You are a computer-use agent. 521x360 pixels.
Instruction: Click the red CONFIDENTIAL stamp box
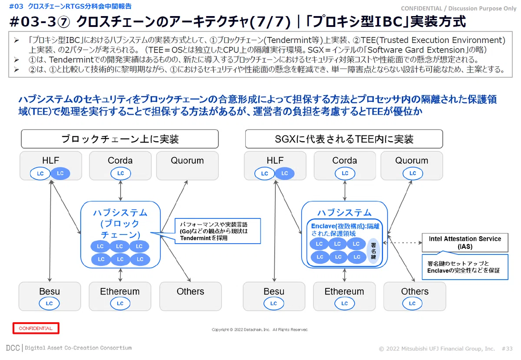pyautogui.click(x=36, y=328)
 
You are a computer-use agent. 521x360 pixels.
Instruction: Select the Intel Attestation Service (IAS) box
pyautogui.click(x=465, y=242)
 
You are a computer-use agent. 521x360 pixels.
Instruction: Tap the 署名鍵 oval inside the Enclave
pyautogui.click(x=373, y=251)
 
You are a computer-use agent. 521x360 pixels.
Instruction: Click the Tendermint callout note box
pyautogui.click(x=218, y=231)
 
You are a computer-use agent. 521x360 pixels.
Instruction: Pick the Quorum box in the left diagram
pyautogui.click(x=187, y=165)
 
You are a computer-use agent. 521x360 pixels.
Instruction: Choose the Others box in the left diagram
pyautogui.click(x=190, y=296)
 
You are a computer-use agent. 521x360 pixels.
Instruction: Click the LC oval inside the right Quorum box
pyautogui.click(x=412, y=173)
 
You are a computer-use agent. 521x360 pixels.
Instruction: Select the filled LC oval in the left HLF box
pyautogui.click(x=60, y=173)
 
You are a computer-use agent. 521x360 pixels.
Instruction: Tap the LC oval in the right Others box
pyautogui.click(x=412, y=304)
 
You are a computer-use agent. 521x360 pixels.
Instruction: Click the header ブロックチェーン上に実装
pyautogui.click(x=120, y=139)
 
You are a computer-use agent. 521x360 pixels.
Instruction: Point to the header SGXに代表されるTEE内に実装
pyautogui.click(x=344, y=139)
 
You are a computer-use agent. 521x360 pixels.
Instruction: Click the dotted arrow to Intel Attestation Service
pyautogui.click(x=402, y=243)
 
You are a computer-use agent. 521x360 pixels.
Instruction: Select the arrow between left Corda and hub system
pyautogui.click(x=120, y=191)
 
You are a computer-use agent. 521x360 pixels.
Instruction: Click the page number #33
pyautogui.click(x=507, y=349)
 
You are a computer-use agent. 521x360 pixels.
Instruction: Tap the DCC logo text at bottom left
pyautogui.click(x=13, y=348)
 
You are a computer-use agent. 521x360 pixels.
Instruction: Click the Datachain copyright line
pyautogui.click(x=260, y=330)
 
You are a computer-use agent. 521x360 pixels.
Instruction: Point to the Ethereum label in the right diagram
pyautogui.click(x=344, y=291)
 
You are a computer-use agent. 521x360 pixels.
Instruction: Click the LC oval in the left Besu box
pyautogui.click(x=49, y=304)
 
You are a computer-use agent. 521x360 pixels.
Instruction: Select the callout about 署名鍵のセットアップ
pyautogui.click(x=465, y=267)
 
